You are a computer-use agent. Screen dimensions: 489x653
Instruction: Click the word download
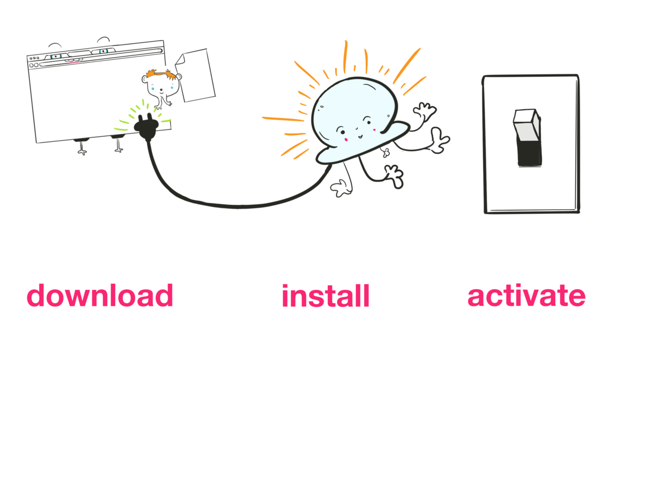[x=100, y=296]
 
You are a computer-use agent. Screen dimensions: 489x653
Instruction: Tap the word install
[x=325, y=297]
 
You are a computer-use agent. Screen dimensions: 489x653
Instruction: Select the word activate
[x=526, y=296]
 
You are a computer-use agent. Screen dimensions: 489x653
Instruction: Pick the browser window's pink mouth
[x=76, y=62]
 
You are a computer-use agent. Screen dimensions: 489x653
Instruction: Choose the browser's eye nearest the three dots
[x=55, y=56]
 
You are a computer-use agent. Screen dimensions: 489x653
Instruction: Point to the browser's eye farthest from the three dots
[x=103, y=52]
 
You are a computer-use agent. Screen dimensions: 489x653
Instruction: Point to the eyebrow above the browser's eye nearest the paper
[x=103, y=39]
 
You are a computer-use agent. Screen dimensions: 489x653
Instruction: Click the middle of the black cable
[x=228, y=205]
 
